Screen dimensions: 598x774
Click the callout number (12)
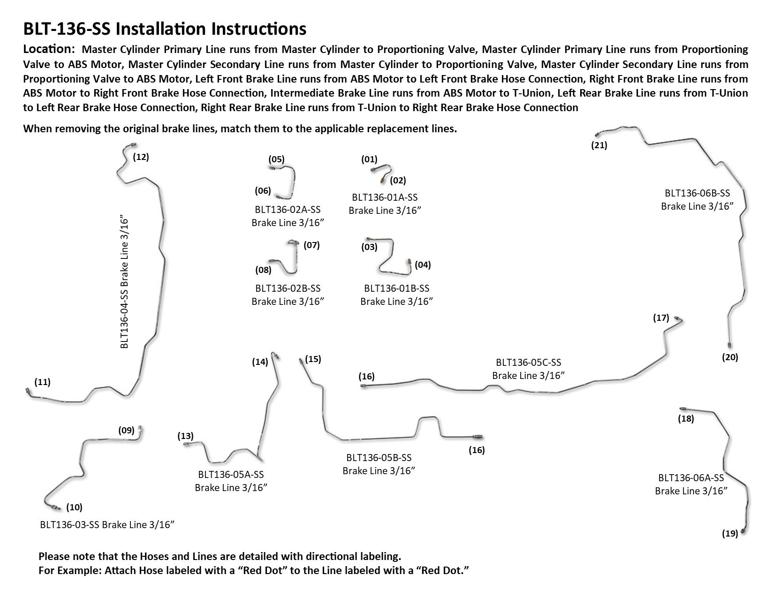[x=141, y=157]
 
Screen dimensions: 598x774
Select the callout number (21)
[x=599, y=145]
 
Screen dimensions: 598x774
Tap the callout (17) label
[x=661, y=318]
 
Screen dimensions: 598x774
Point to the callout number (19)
[x=730, y=533]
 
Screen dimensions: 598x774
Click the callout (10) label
[x=74, y=507]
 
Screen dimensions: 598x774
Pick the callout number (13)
[x=185, y=436]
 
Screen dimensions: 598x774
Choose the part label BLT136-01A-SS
[x=385, y=198]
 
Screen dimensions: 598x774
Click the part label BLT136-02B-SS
[x=288, y=288]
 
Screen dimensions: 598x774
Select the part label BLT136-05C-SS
[x=528, y=363]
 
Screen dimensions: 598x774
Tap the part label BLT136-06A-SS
[x=691, y=478]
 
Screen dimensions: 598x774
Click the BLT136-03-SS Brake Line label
[x=107, y=524]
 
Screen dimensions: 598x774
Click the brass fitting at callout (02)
[x=383, y=179]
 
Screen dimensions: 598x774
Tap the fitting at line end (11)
[x=27, y=391]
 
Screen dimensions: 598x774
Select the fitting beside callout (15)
[x=301, y=361]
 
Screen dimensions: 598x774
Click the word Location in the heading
[x=49, y=49]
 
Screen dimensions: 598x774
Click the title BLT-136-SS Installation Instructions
[x=165, y=29]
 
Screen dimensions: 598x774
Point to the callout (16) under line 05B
[x=477, y=450]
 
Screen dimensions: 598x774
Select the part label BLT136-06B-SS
[x=697, y=193]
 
